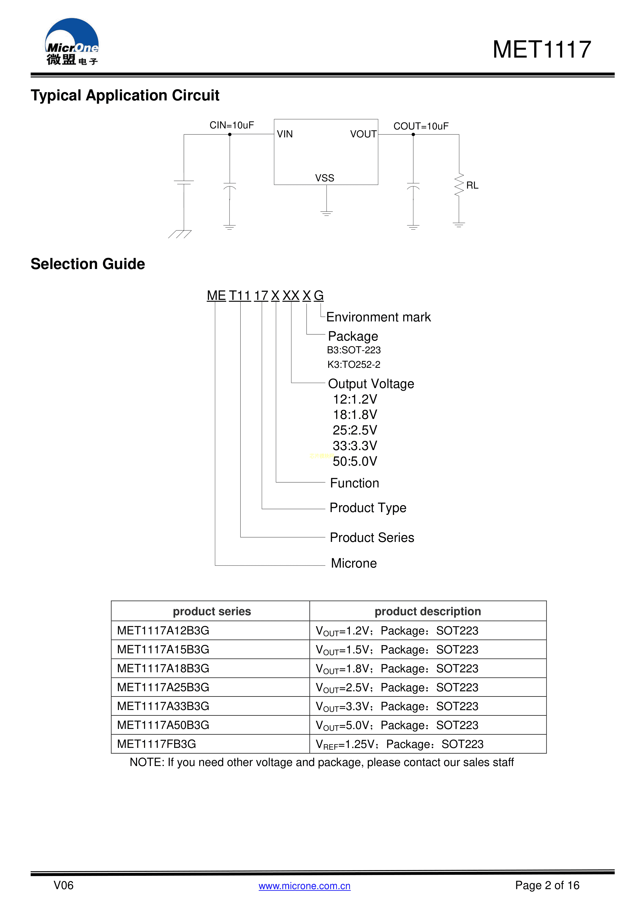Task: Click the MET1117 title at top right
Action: click(x=542, y=50)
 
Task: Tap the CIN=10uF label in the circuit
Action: click(x=232, y=125)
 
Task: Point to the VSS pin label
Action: click(x=324, y=178)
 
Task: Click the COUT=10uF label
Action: click(x=421, y=126)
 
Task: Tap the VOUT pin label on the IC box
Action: click(x=363, y=134)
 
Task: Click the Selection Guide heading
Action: click(x=88, y=264)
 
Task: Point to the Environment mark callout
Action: click(x=378, y=317)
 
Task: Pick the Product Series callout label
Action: click(x=372, y=538)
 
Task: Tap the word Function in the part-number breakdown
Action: click(x=355, y=483)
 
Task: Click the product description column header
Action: click(x=428, y=612)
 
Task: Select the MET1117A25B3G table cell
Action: click(x=163, y=687)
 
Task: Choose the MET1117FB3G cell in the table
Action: click(x=157, y=744)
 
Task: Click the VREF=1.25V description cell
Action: click(x=399, y=744)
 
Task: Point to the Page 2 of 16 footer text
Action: click(x=547, y=885)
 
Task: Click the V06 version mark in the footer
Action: click(x=63, y=885)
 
